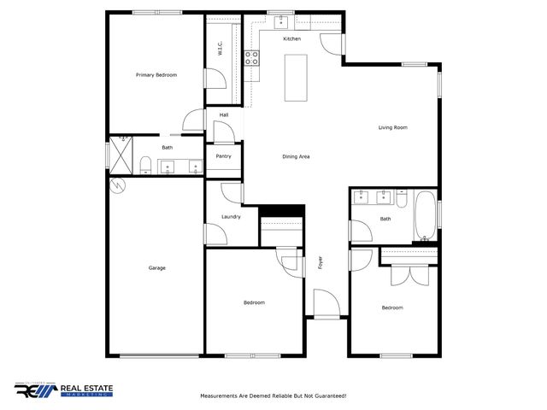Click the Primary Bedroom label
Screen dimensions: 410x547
156,75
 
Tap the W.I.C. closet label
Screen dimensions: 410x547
220,49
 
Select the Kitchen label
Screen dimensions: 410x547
292,39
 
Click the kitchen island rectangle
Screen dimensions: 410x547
297,78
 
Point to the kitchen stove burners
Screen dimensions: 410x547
253,58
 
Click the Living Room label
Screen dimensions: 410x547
393,127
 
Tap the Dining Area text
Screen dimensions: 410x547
296,156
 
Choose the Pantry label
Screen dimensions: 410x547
224,156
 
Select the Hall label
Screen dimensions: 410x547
224,114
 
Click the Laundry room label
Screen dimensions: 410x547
231,216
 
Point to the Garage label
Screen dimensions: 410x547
156,267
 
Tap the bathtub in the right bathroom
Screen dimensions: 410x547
425,218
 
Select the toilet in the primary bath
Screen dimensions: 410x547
146,164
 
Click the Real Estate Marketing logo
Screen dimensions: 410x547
64,390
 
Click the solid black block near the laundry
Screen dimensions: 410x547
282,210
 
